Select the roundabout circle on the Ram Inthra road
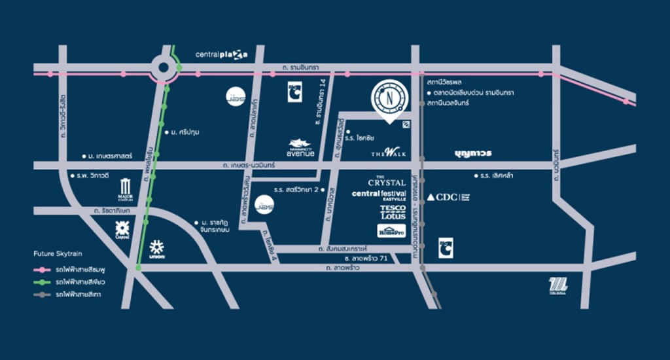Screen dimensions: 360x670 (x=164, y=67)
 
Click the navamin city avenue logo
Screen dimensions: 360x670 (x=302, y=147)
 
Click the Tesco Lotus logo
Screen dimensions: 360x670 (x=393, y=212)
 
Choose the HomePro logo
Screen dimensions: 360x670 (x=391, y=230)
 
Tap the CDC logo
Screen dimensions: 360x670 (x=448, y=197)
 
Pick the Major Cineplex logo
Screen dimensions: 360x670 (x=126, y=189)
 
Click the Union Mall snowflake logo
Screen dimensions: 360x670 (x=156, y=249)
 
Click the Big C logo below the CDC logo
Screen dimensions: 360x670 (x=446, y=247)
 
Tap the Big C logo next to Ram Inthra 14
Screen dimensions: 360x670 (x=294, y=92)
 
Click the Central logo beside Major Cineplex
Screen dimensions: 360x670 (x=122, y=230)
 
